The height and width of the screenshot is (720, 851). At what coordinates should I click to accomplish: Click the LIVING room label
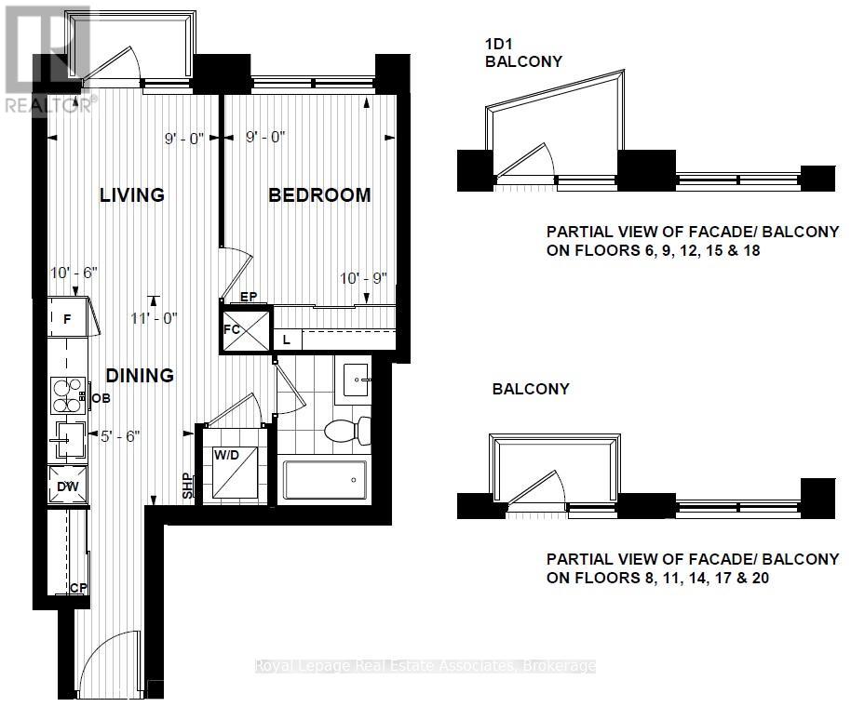(132, 195)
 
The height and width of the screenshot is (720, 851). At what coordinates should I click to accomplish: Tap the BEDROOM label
(319, 195)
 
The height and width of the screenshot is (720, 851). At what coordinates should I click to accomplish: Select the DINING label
(140, 376)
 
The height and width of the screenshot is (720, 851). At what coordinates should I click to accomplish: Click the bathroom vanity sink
(355, 380)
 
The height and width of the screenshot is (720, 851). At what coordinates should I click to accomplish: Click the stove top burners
(68, 395)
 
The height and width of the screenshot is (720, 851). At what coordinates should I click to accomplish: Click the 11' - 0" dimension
(155, 317)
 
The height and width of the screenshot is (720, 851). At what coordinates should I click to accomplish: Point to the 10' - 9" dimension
(363, 278)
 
